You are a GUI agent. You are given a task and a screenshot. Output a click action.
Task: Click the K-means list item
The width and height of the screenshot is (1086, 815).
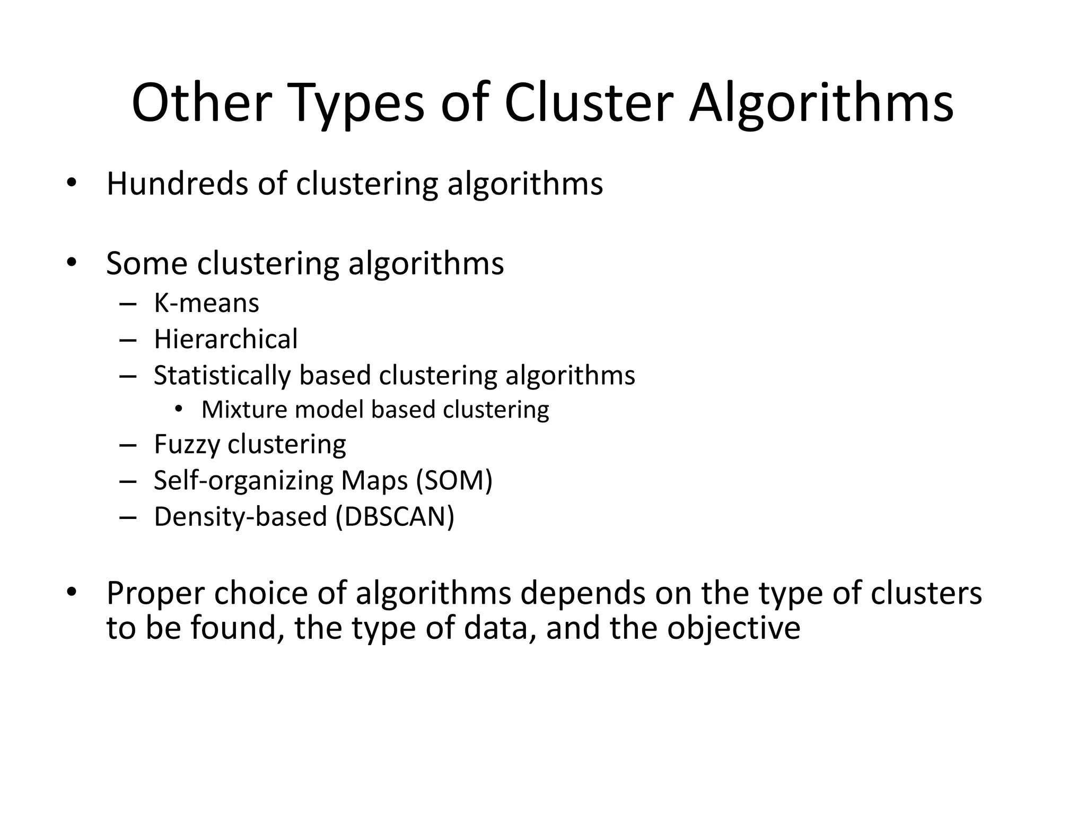point(206,304)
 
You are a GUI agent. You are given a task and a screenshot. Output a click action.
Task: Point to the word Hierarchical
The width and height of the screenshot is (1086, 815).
point(226,339)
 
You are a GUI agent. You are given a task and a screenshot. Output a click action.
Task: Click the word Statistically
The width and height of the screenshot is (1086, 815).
point(222,376)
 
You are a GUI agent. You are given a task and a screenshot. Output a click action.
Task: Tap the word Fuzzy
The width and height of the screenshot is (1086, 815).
point(186,445)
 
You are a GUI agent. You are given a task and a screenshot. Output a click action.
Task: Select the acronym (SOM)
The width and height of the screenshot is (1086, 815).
point(454,481)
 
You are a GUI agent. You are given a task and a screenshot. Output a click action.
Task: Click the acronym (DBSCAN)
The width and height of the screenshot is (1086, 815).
point(395,517)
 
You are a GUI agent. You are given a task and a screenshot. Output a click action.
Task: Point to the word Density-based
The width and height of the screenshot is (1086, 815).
point(240,517)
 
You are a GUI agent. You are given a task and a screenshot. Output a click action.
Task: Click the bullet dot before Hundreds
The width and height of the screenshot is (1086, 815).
point(72,184)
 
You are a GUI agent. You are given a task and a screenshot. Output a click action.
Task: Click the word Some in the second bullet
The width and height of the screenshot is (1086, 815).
point(147,264)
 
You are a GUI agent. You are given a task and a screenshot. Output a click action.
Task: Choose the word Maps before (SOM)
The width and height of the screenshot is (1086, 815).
point(374,481)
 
